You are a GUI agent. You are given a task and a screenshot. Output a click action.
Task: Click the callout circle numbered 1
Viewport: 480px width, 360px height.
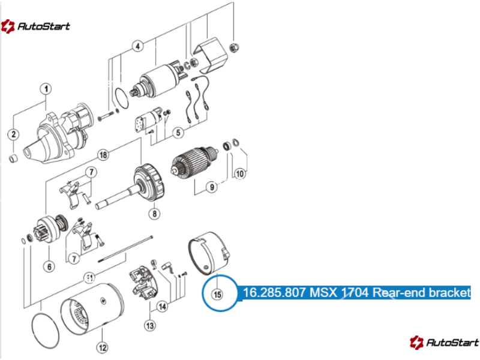(46, 89)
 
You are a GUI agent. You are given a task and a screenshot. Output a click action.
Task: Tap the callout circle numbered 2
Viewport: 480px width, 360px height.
(13, 134)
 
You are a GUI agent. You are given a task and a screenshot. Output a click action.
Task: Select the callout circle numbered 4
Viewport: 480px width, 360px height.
(138, 46)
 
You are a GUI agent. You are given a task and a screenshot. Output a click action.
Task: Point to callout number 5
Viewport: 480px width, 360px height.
(178, 133)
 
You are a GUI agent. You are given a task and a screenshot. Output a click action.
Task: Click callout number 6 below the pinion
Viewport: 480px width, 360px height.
(49, 266)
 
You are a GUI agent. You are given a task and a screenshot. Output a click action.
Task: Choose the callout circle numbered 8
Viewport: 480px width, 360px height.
(155, 214)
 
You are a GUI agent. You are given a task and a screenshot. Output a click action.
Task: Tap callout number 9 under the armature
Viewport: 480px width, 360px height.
(212, 187)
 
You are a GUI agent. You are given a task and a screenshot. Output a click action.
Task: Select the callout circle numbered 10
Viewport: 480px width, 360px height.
(239, 174)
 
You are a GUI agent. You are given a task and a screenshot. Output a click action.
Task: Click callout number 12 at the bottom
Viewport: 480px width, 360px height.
(102, 347)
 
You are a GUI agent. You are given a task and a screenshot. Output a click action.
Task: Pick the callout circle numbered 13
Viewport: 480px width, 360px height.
(150, 326)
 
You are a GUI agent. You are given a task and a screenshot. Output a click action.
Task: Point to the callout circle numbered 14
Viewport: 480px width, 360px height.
(162, 307)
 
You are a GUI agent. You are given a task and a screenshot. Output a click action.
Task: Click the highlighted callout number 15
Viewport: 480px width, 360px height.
(217, 295)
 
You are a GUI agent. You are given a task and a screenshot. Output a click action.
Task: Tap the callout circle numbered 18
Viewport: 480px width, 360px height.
(103, 155)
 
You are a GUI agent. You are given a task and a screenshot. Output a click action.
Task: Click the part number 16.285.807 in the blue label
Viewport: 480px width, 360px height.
(275, 292)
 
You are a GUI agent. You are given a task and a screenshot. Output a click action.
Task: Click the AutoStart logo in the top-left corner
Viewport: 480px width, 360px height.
(35, 26)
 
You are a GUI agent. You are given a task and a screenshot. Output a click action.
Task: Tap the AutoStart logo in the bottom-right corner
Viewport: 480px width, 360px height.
(445, 342)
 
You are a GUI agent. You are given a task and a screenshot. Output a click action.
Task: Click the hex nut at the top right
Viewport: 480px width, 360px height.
(234, 48)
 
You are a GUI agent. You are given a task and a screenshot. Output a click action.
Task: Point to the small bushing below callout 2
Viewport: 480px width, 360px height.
(13, 158)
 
